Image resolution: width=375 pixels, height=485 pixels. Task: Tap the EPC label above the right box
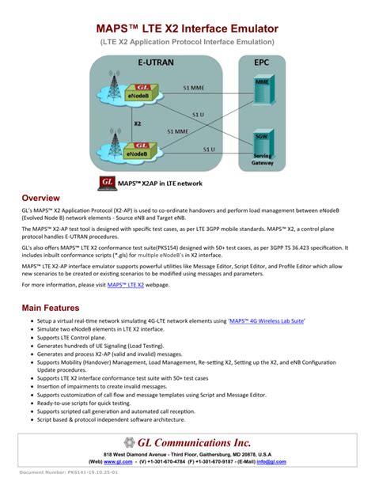coord(260,61)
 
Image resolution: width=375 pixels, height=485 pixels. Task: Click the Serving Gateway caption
coord(263,161)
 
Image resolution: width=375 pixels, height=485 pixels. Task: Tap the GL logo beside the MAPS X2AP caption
coord(108,183)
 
